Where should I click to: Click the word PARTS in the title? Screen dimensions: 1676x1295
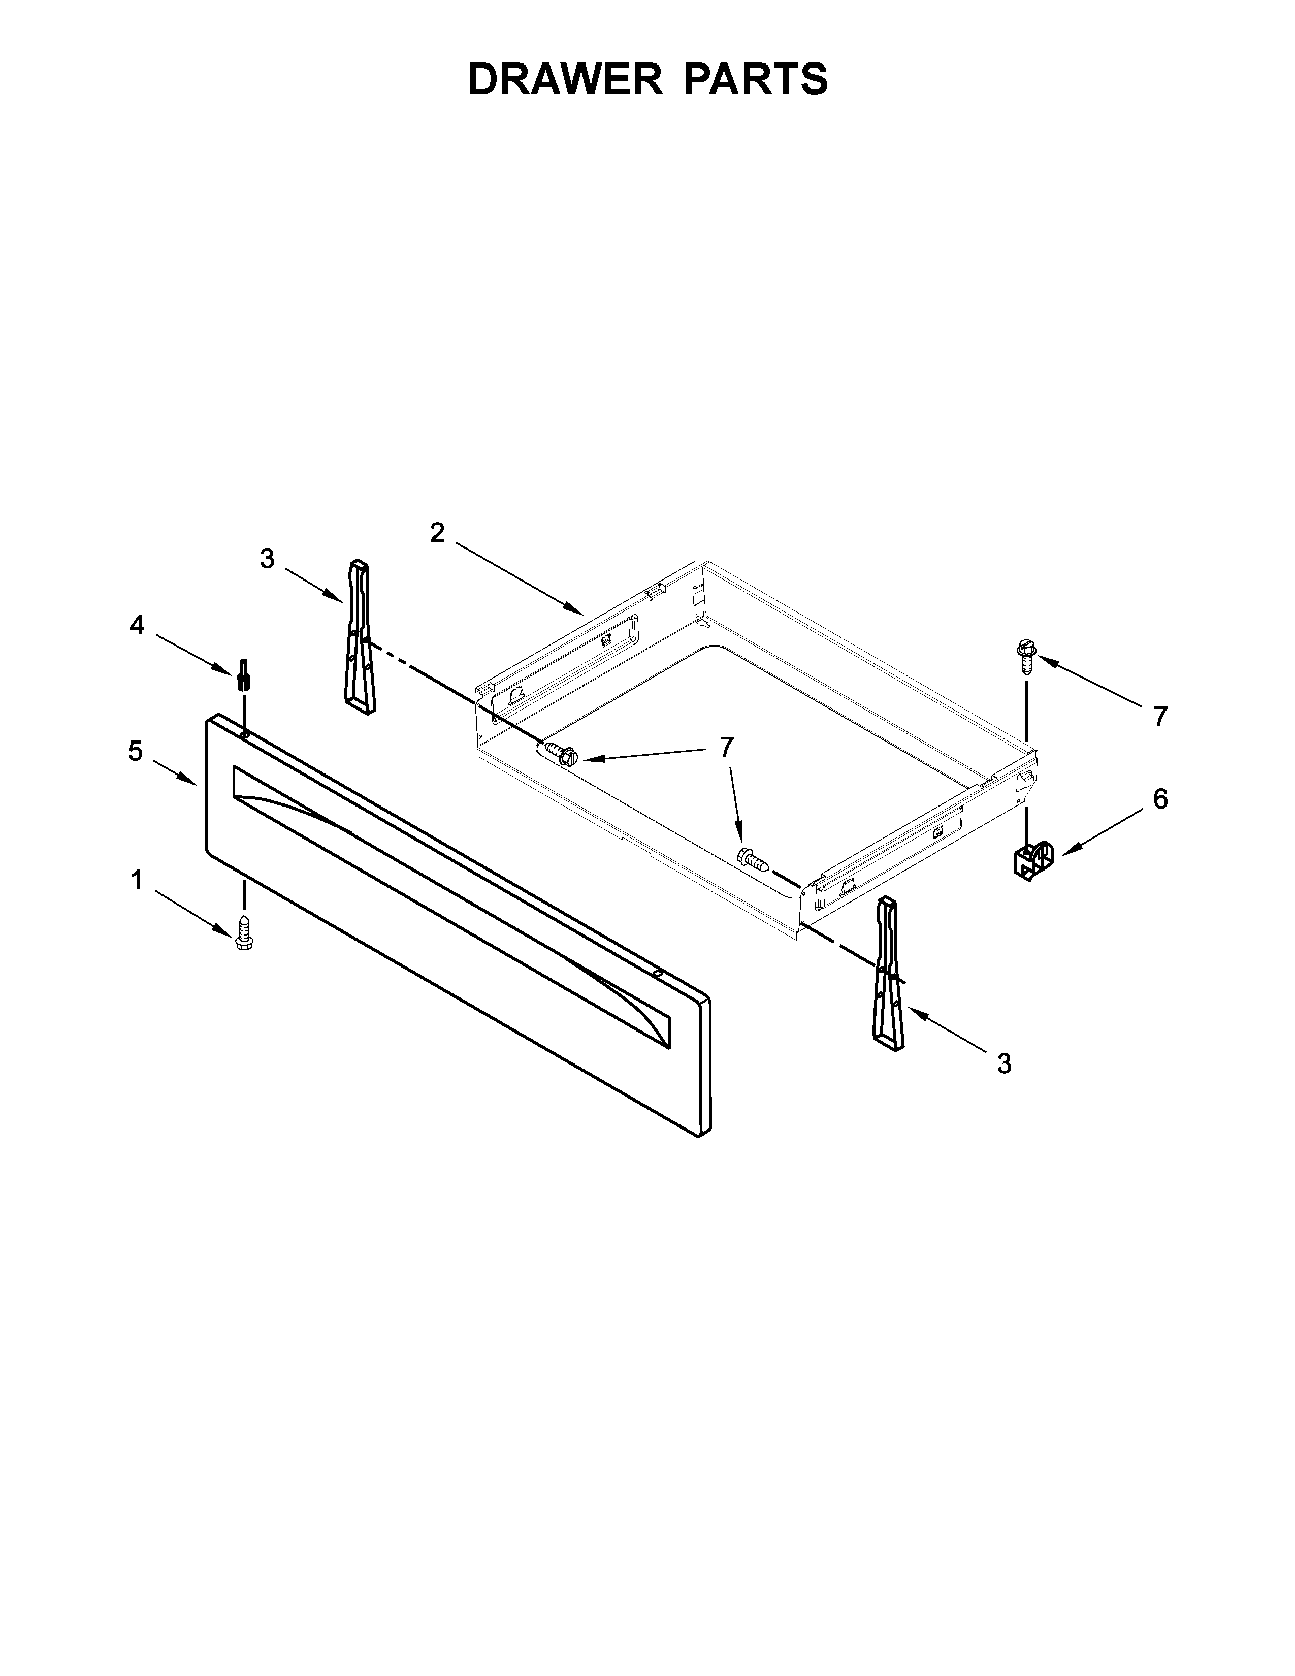[x=756, y=79]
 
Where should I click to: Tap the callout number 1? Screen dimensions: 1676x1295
[x=137, y=880]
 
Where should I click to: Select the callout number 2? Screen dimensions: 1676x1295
[x=437, y=533]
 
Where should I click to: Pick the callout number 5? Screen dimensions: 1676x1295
[x=135, y=751]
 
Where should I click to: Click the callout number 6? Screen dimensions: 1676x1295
[x=1160, y=799]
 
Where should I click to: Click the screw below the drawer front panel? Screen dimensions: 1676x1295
[x=245, y=931]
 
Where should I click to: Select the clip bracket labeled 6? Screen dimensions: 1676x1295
[x=1029, y=861]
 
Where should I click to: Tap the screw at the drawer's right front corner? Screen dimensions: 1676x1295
[x=752, y=857]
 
